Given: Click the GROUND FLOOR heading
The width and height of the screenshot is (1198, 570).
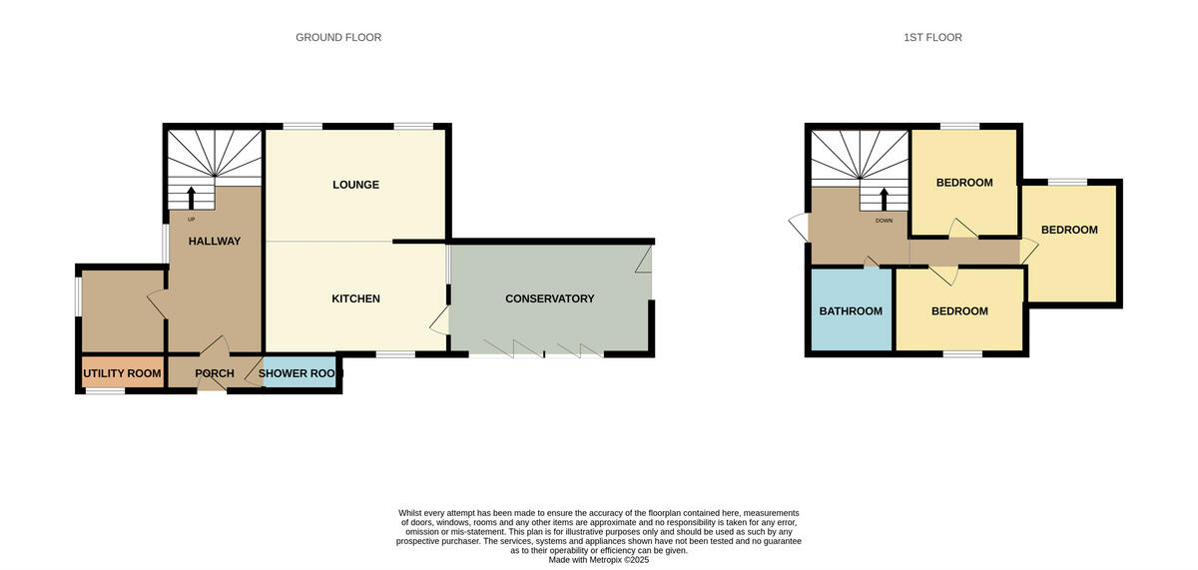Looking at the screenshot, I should pos(338,38).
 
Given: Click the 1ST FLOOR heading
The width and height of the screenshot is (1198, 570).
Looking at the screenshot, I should pos(932,38).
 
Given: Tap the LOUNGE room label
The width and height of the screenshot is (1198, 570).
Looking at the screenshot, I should pos(355,185).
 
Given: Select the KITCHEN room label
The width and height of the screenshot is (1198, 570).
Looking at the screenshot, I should pos(355,298).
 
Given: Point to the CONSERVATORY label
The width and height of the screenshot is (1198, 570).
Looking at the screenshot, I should pos(549,298).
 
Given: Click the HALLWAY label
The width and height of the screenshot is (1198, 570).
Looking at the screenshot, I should pos(215,241).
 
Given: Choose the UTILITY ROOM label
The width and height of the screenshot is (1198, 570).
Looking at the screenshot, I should pos(122,374).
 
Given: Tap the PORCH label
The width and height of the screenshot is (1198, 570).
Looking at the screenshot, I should pos(215,374).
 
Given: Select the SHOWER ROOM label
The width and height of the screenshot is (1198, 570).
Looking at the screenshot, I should pos(300,374).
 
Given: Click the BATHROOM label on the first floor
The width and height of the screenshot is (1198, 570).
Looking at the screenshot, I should pos(851,311).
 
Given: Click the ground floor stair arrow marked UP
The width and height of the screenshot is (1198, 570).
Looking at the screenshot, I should pos(192,197).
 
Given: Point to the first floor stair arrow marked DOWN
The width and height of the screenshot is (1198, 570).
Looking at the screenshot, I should pos(884,199).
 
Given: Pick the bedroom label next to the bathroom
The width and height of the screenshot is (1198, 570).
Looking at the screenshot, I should pos(959,311).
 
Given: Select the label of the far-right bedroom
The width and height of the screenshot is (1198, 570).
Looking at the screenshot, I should pos(1069,230).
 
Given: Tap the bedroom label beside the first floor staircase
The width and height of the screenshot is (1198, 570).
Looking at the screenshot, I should pos(964,183).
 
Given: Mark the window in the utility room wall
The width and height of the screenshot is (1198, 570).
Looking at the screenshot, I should pos(104,391).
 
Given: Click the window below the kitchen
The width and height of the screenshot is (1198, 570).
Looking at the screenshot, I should pos(395,354).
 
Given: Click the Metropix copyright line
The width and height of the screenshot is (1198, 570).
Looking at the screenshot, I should pos(599,560).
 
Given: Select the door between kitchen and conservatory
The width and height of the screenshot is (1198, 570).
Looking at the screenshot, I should pos(439,320).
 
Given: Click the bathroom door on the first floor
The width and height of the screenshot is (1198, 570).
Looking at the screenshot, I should pos(871,263).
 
